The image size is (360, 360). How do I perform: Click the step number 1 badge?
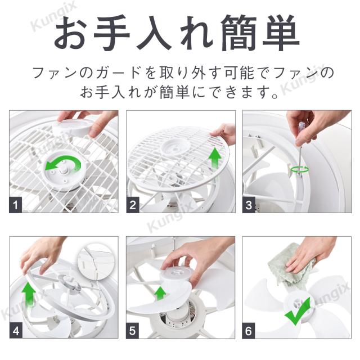coord(16,205)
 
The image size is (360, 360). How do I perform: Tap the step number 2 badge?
coord(133,205)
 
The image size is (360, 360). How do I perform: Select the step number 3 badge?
coord(249,205)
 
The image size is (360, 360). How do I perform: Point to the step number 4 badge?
coord(16,331)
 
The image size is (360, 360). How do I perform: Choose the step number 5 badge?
coord(133,331)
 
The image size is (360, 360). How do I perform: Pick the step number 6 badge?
coord(249,331)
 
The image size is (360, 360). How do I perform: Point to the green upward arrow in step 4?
coord(29,295)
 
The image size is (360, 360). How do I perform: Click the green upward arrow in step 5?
coord(160,294)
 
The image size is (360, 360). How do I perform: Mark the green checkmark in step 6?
coord(298,312)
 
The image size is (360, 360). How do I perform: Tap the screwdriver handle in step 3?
coord(301,128)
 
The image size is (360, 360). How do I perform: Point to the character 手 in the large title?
coord(110,33)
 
